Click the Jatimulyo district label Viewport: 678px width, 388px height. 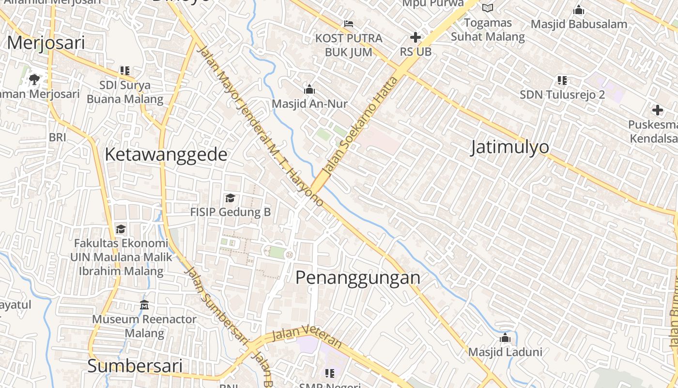pyautogui.click(x=510, y=147)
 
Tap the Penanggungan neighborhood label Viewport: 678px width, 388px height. pyautogui.click(x=358, y=278)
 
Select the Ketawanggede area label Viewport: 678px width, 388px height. pyautogui.click(x=166, y=155)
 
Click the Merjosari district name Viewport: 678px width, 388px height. pyautogui.click(x=46, y=43)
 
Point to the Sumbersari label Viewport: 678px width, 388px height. pyautogui.click(x=135, y=366)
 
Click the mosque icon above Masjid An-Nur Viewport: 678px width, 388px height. pyautogui.click(x=309, y=89)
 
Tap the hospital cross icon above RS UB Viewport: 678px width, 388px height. pyautogui.click(x=415, y=37)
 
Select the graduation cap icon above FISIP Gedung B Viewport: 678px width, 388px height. pyautogui.click(x=230, y=198)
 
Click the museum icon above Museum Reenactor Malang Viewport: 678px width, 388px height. pyautogui.click(x=144, y=305)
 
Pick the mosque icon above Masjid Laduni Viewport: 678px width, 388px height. pyautogui.click(x=505, y=338)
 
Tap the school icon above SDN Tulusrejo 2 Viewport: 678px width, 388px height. pyautogui.click(x=562, y=80)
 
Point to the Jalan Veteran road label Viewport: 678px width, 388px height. pyautogui.click(x=307, y=336)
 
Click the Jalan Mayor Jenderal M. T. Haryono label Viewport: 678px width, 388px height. pyautogui.click(x=261, y=126)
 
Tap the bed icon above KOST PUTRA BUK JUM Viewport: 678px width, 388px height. pyautogui.click(x=348, y=23)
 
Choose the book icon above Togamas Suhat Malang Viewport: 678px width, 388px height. pyautogui.click(x=488, y=8)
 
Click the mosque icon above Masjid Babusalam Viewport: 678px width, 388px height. pyautogui.click(x=578, y=10)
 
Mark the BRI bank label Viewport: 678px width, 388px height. pyautogui.click(x=57, y=137)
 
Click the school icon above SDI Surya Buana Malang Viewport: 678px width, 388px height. pyautogui.click(x=125, y=71)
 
